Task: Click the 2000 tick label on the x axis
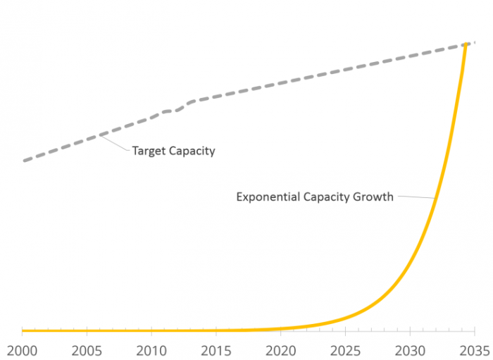[22, 349]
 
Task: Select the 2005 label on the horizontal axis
[86, 349]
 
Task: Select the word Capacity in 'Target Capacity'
[192, 151]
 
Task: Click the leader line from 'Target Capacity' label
[115, 143]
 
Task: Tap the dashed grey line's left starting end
[24, 161]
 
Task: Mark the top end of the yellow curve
[466, 44]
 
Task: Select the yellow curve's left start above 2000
[23, 330]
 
